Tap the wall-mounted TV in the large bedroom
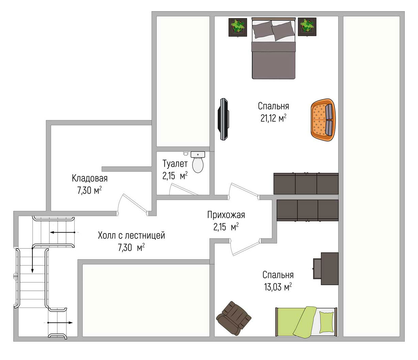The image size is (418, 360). point(223,119)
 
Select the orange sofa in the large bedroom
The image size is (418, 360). point(323,120)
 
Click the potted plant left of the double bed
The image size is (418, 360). point(237,27)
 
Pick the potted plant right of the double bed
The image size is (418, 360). point(307,27)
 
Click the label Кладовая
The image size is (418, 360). point(90,178)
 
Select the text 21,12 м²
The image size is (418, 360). point(274,118)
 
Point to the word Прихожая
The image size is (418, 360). point(226,215)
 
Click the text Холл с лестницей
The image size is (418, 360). point(131,235)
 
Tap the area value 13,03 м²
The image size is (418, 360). point(278,287)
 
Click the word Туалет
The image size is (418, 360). point(175,164)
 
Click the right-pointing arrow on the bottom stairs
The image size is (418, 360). point(60,322)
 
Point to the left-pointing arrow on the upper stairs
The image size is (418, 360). point(62,232)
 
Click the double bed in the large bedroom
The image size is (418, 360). point(274,48)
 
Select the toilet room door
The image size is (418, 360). point(183,190)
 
